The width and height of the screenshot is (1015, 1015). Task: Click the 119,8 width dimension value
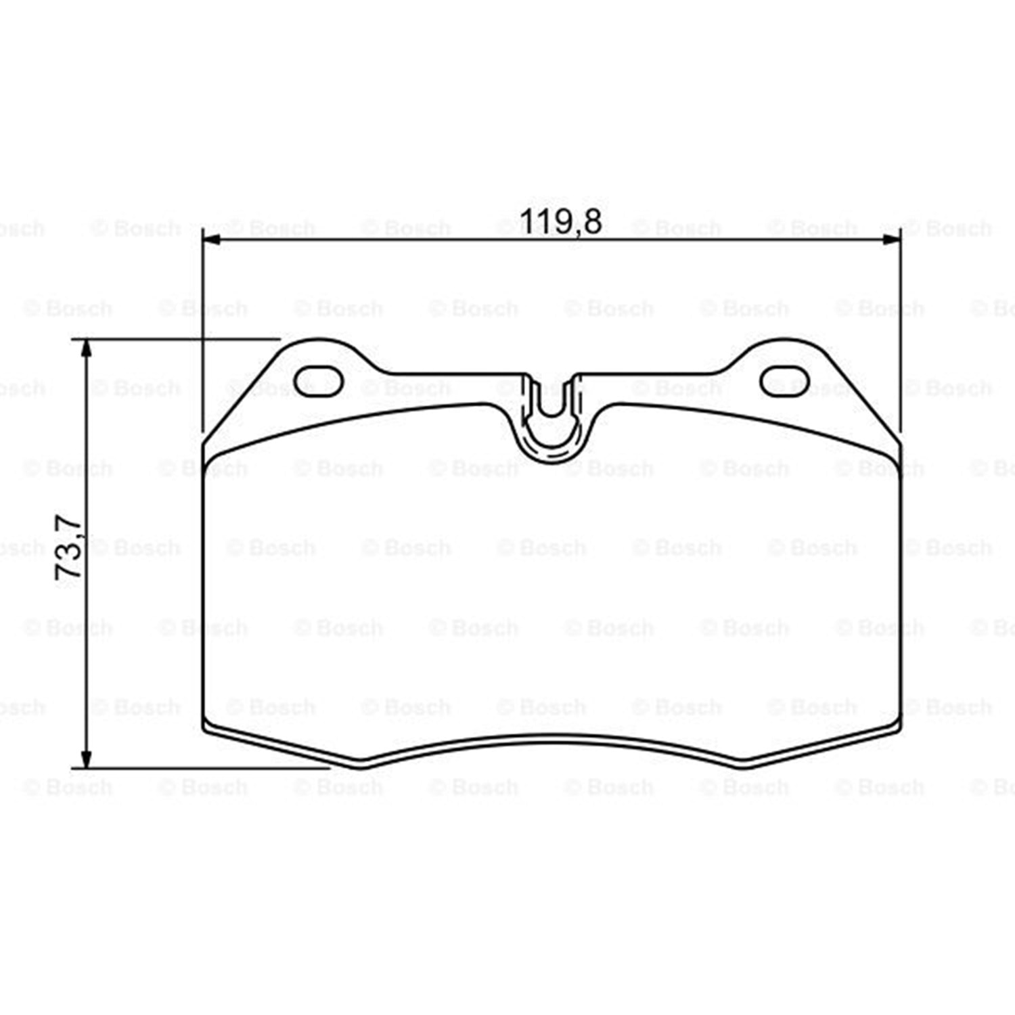coord(560,221)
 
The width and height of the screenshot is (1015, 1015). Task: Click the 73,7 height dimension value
coord(69,547)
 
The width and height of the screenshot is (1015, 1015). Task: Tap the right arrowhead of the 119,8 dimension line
coord(891,240)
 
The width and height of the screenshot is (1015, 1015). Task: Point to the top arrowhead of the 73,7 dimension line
coord(86,348)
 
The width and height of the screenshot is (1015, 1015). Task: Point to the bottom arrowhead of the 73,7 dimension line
coord(86,759)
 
